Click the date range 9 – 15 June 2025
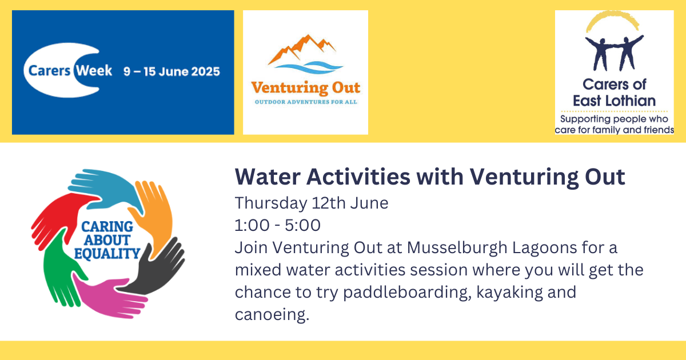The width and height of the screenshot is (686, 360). pos(171,71)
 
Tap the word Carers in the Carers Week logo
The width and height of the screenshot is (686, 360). pos(49,71)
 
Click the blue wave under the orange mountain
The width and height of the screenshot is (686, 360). pos(308,67)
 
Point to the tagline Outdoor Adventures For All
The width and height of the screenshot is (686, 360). pos(306,102)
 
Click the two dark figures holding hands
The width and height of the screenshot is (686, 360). pos(615,53)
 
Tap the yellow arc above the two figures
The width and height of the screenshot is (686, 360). pos(612,20)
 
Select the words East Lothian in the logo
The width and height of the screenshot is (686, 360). pos(614,101)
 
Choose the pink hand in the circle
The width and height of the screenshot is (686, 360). pos(107,297)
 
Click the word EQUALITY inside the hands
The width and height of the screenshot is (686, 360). pos(107,254)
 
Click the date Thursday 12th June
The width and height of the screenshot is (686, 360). pos(312,203)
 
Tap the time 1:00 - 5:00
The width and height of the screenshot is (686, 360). pos(277,225)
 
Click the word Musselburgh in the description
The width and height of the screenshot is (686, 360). pos(457,248)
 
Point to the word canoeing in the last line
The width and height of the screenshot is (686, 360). pos(272,315)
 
